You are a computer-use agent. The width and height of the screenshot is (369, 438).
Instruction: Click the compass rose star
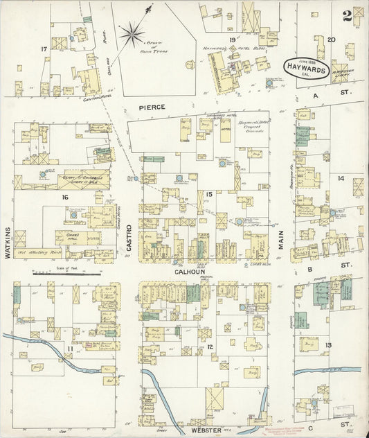132,32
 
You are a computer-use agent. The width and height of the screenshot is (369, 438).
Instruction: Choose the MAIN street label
282,240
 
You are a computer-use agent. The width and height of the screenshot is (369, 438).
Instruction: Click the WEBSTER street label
206,430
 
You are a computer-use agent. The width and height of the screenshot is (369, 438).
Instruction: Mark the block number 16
65,197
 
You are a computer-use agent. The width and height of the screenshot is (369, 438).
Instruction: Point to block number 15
208,193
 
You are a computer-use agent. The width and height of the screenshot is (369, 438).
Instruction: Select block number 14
340,178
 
